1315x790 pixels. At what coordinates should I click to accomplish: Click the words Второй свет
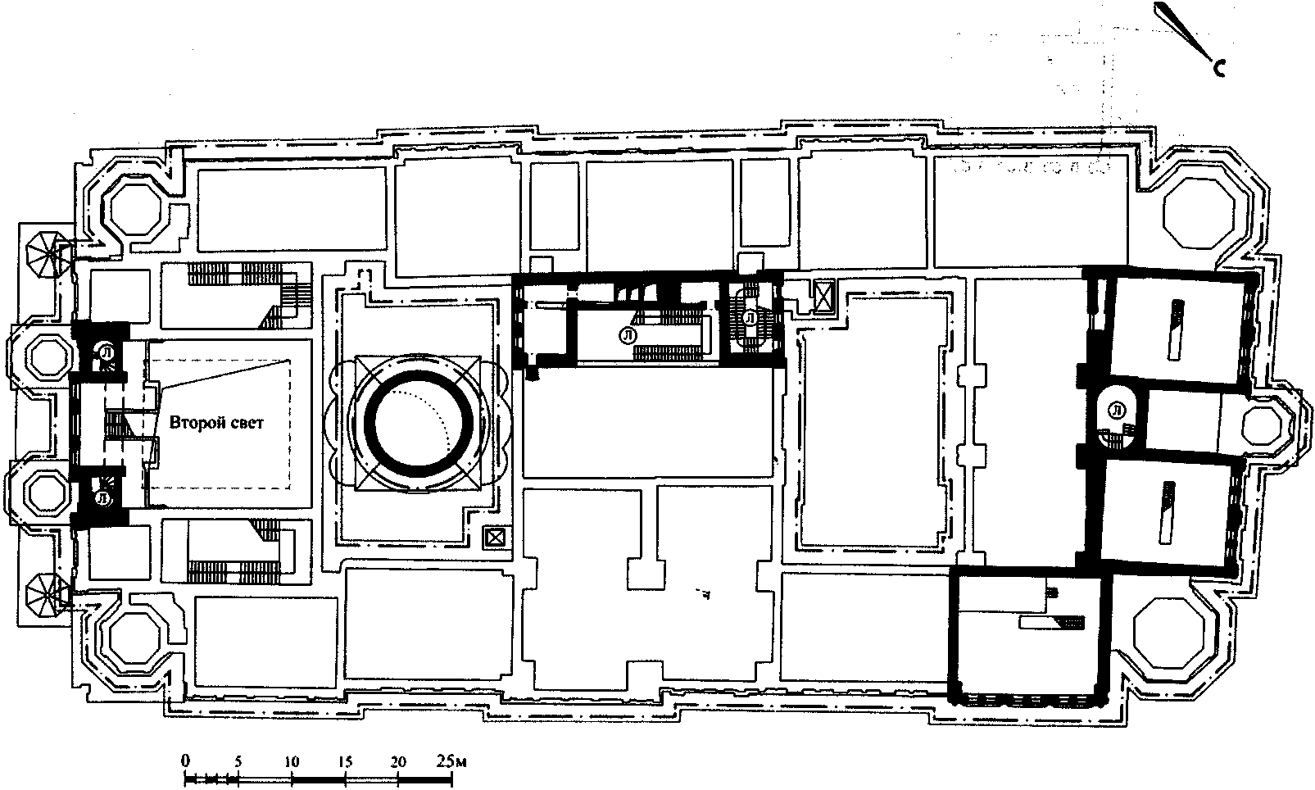[216, 422]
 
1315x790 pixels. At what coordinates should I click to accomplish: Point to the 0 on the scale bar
[185, 761]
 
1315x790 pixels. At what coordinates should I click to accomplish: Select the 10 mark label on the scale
[292, 762]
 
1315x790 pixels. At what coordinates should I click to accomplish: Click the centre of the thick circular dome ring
[419, 422]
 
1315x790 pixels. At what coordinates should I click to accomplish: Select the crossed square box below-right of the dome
[497, 538]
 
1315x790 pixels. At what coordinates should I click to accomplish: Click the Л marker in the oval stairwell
[1117, 411]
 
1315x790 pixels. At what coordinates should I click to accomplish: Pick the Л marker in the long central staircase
[628, 335]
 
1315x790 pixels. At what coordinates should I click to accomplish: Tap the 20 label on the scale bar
[398, 762]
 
